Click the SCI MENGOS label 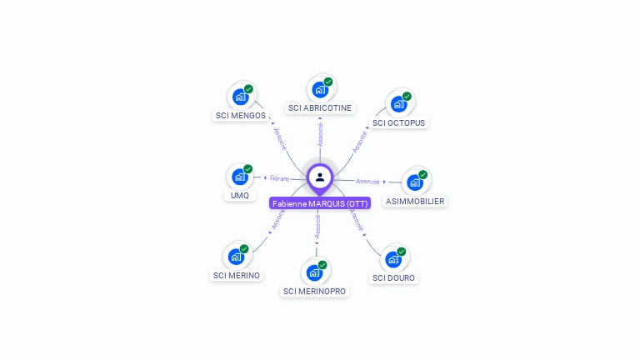click(240, 116)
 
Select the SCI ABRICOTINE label click(320, 107)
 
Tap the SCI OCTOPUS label click(398, 122)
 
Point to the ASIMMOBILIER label click(415, 201)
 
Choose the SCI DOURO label click(393, 277)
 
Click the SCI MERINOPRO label click(315, 291)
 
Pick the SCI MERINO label click(237, 275)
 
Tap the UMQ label click(239, 196)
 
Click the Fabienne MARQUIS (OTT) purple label click(320, 203)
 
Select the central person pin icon click(320, 177)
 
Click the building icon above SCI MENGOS click(241, 96)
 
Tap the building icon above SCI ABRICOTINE click(320, 87)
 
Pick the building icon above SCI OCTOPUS click(399, 103)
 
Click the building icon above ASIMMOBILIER click(415, 182)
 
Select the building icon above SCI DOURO click(393, 258)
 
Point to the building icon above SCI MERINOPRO click(315, 272)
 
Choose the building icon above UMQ click(240, 177)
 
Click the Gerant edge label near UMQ click(278, 177)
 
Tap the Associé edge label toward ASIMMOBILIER click(367, 181)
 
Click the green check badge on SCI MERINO click(244, 248)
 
